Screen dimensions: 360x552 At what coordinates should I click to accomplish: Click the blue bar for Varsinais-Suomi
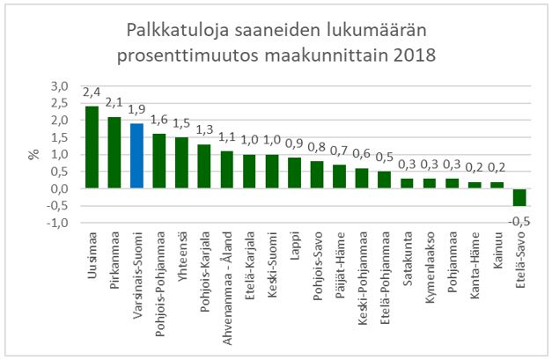136,156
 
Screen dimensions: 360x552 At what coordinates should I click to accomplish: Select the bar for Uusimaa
91,147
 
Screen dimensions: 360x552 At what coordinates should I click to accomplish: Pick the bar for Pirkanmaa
114,152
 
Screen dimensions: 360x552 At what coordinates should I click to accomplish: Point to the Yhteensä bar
181,163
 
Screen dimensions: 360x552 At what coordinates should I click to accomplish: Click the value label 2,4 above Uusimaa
92,92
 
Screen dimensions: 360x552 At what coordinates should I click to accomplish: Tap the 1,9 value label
136,110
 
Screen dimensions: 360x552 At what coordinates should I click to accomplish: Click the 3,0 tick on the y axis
59,85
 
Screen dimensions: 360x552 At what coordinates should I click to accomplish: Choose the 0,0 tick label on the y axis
59,188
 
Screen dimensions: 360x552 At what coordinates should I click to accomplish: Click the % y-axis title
34,154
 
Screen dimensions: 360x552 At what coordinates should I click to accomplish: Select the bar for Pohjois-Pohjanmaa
158,161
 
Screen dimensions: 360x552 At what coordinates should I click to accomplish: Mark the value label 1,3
204,130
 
